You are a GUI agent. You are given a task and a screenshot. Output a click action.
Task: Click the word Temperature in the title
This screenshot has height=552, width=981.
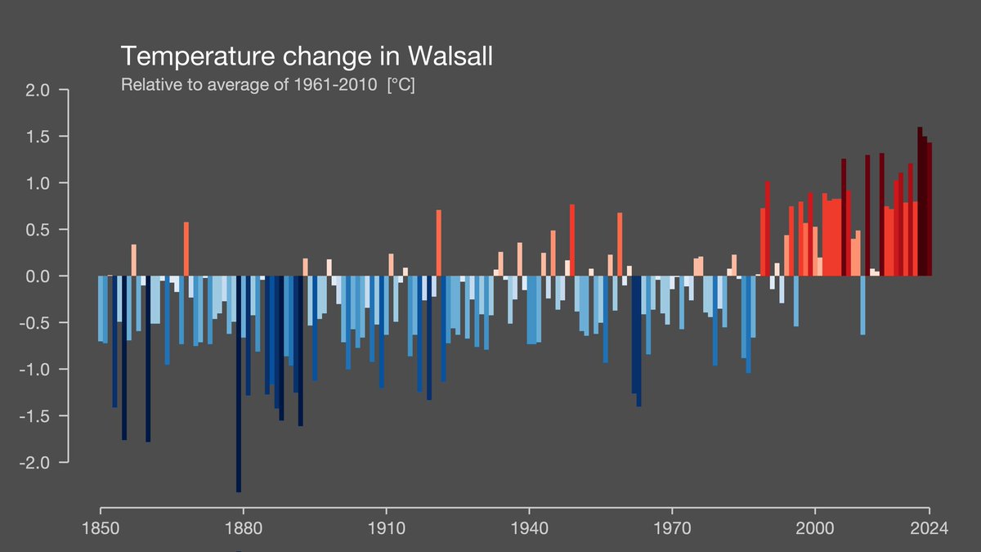pos(190,56)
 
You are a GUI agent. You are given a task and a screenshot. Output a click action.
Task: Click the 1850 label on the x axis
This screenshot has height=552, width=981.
pos(100,527)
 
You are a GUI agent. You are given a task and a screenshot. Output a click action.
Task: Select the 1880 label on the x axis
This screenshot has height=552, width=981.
pos(243,527)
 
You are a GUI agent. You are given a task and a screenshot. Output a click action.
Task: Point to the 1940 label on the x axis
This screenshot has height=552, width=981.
pos(529,527)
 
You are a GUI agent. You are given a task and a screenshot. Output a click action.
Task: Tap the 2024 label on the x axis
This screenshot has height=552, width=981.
pos(929,527)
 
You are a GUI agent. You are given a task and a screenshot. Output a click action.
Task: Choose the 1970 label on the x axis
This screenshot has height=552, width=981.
pos(672,527)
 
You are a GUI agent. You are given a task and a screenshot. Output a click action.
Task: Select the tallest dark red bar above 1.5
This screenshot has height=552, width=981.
pos(920,204)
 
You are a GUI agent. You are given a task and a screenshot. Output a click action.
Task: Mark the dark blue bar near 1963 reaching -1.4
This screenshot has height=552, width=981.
pos(638,343)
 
